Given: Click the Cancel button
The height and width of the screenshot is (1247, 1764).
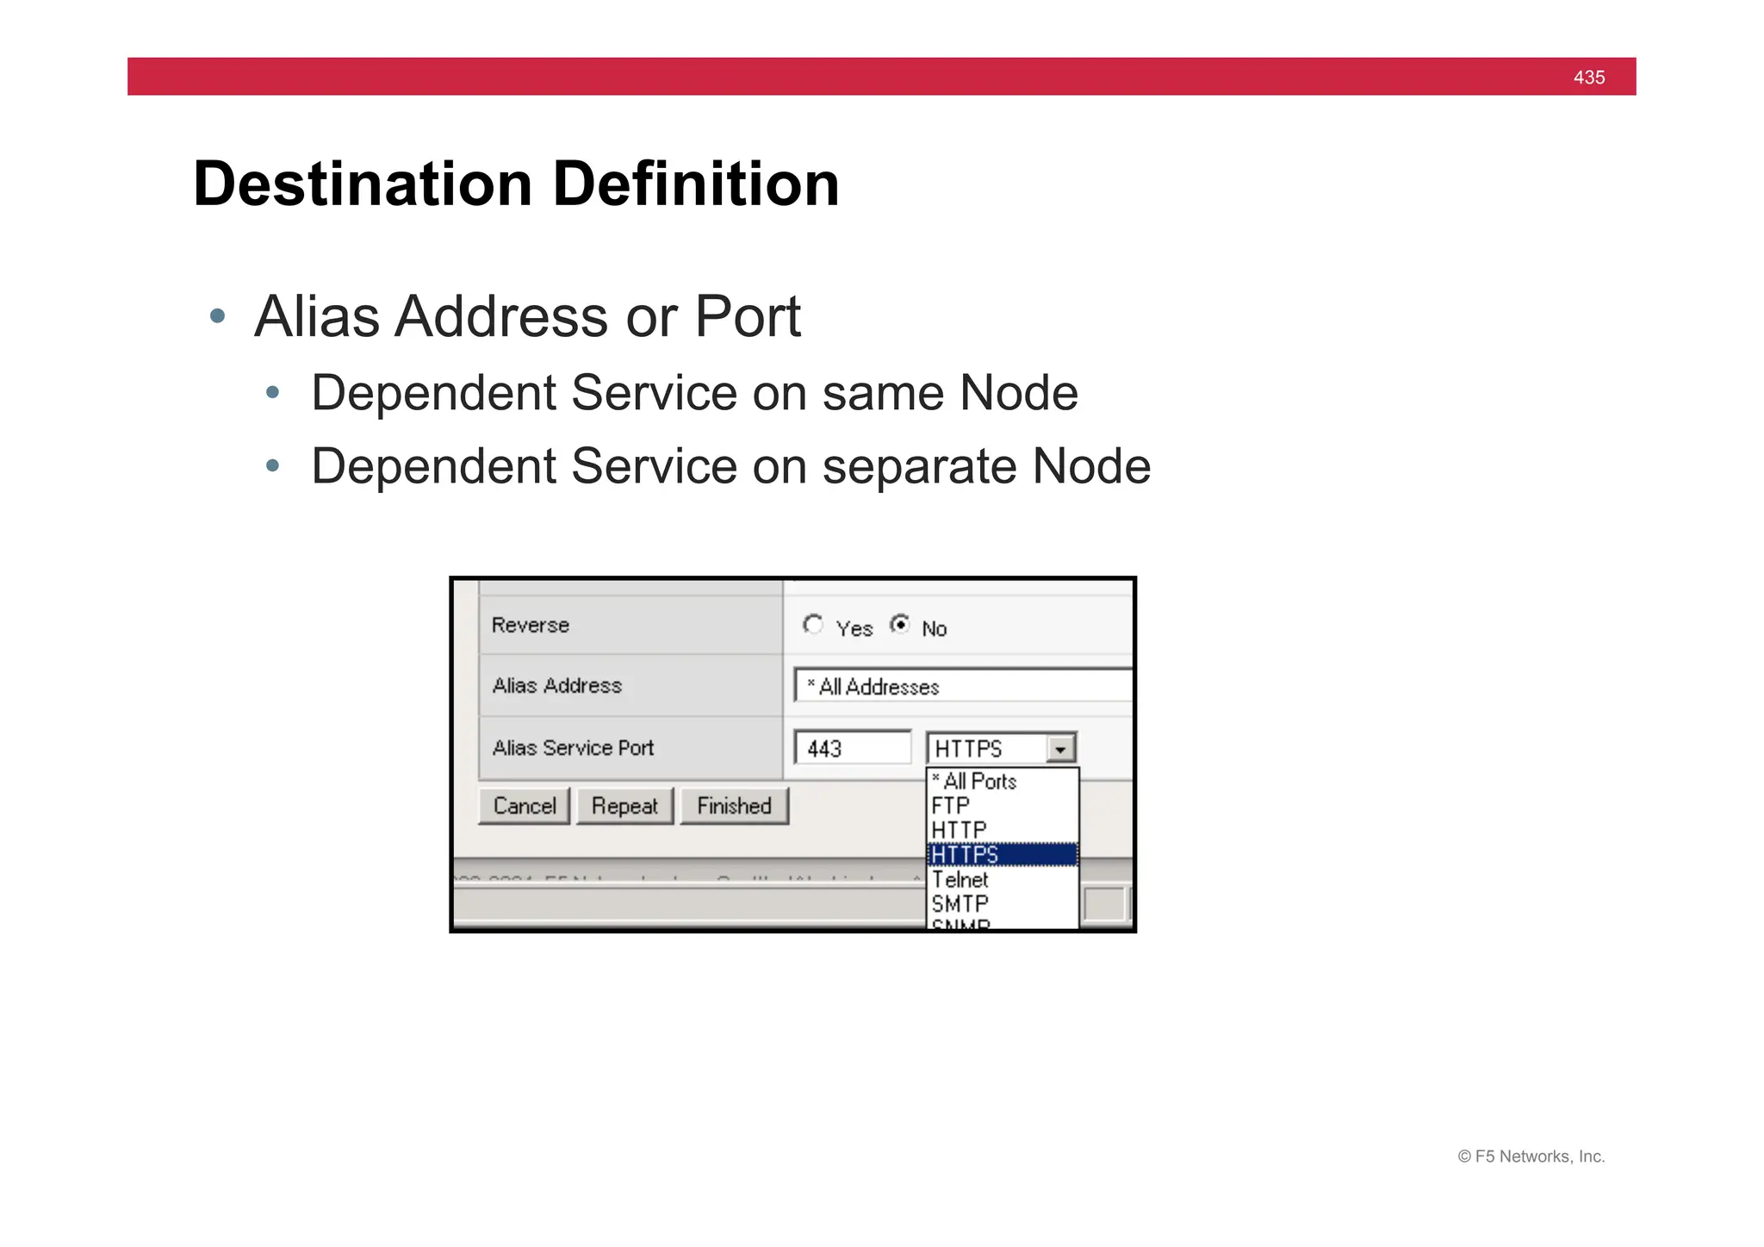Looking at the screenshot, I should [524, 807].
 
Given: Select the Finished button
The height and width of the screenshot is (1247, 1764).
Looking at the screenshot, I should [734, 807].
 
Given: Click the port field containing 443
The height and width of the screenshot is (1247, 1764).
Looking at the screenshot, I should [852, 748].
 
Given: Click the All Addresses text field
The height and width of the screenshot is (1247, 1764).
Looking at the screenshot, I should [962, 687].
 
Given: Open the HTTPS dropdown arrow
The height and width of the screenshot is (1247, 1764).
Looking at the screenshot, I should [1061, 749].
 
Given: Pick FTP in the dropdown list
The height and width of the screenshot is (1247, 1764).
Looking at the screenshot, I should [951, 806].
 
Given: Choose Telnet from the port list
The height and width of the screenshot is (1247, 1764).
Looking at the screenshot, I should [960, 880].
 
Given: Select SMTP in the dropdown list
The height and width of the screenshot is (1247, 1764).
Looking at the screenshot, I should [960, 904].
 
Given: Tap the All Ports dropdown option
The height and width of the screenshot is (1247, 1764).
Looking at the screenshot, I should [975, 782].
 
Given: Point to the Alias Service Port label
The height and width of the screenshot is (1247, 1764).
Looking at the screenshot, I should [573, 748].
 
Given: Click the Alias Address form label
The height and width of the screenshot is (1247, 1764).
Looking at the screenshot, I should [556, 686].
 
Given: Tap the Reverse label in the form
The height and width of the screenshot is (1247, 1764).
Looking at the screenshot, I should [531, 626].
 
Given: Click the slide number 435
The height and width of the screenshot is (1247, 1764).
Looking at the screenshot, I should [1588, 78].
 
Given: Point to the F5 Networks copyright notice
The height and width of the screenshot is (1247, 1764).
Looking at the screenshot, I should [1531, 1157].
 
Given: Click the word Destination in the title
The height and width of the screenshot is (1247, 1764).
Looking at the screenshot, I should [363, 184].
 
